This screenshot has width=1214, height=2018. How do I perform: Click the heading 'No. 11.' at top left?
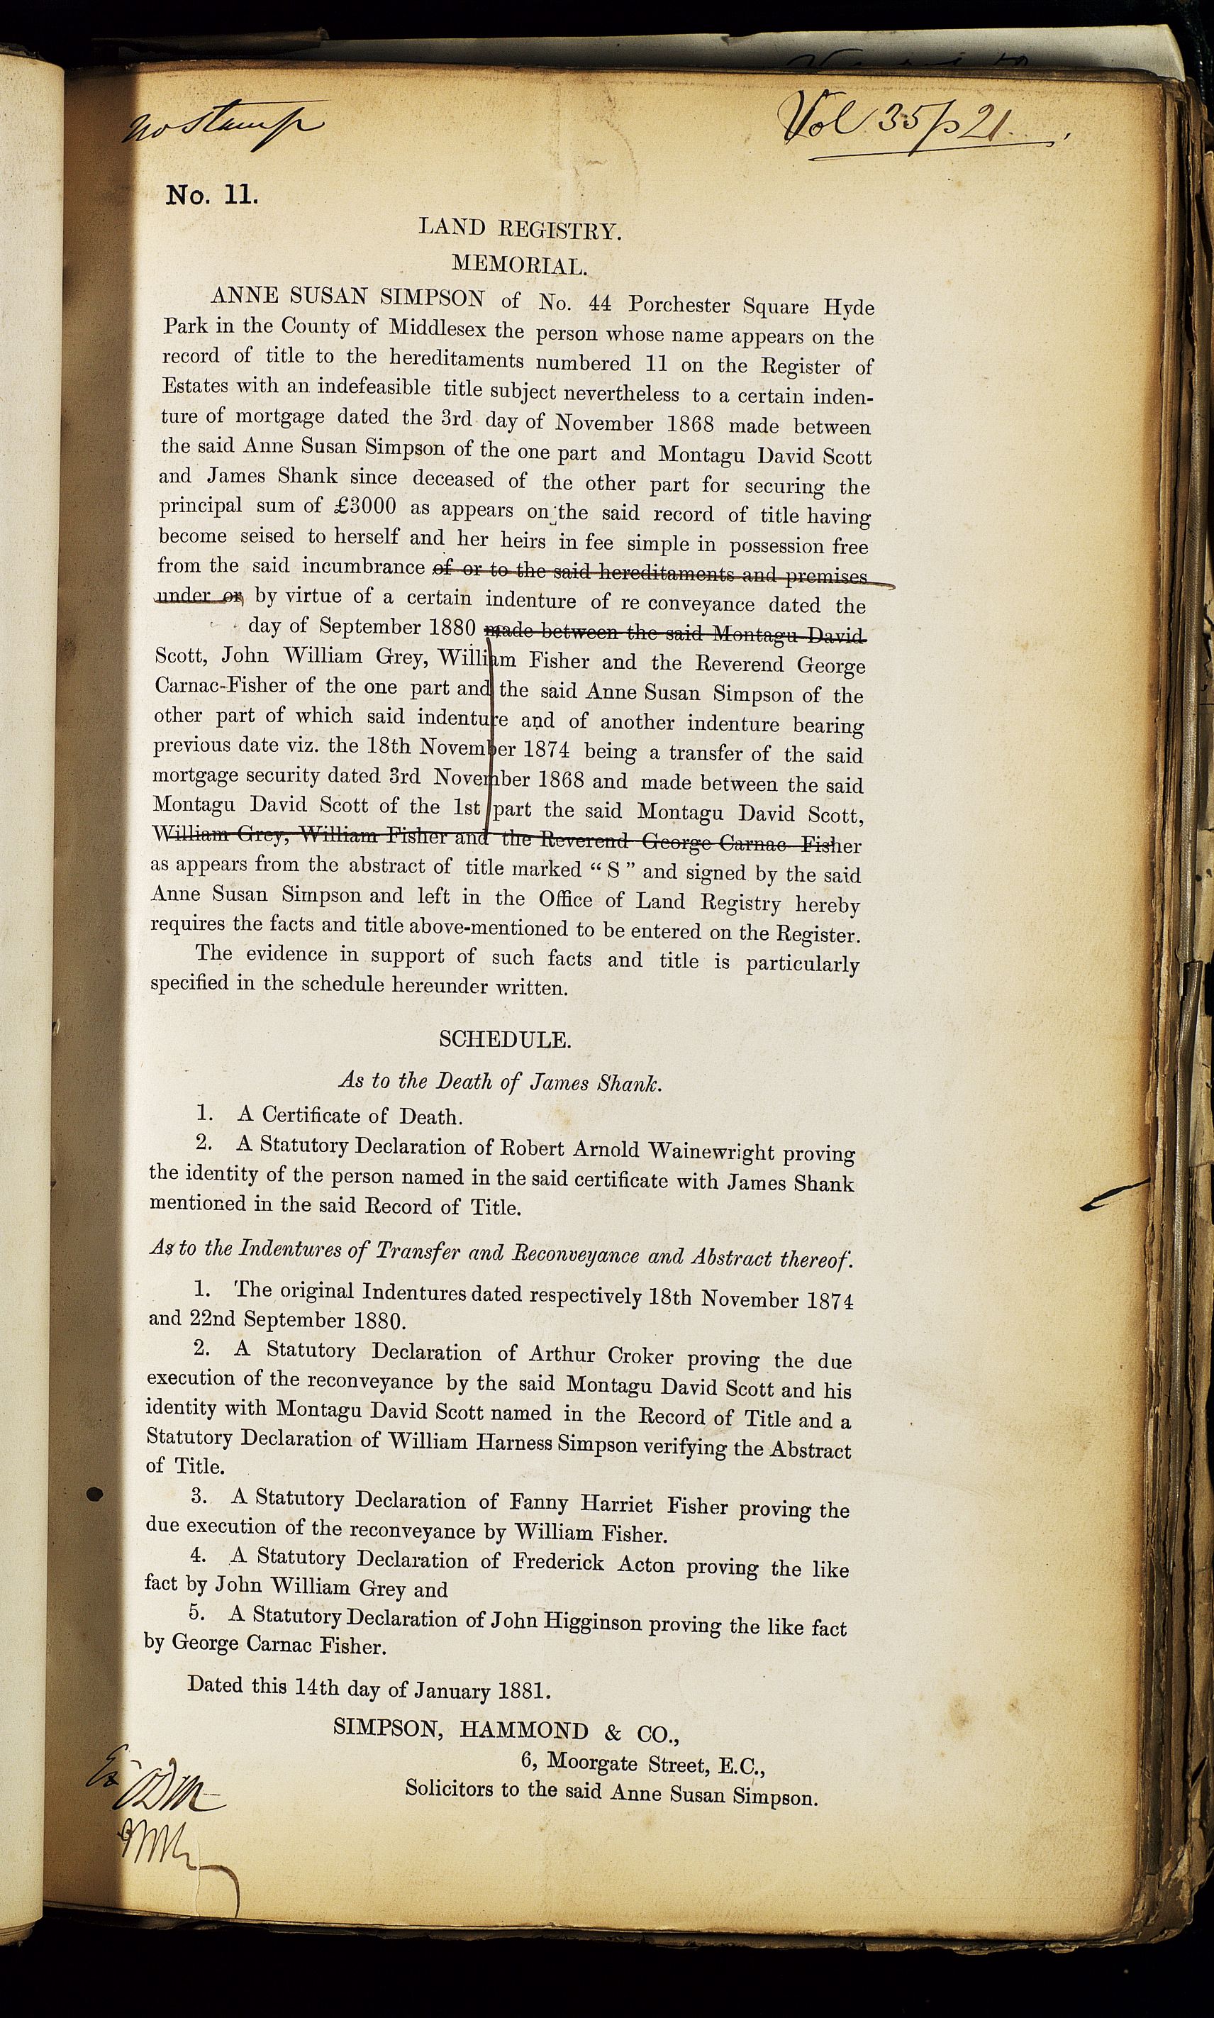click(x=212, y=196)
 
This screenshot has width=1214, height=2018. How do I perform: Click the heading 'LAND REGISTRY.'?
click(x=520, y=228)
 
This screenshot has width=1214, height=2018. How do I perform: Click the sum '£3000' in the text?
click(x=366, y=506)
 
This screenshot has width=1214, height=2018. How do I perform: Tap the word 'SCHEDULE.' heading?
click(x=505, y=1039)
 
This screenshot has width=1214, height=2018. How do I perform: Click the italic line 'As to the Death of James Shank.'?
click(x=500, y=1082)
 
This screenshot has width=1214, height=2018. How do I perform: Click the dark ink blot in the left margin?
click(x=95, y=1495)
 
